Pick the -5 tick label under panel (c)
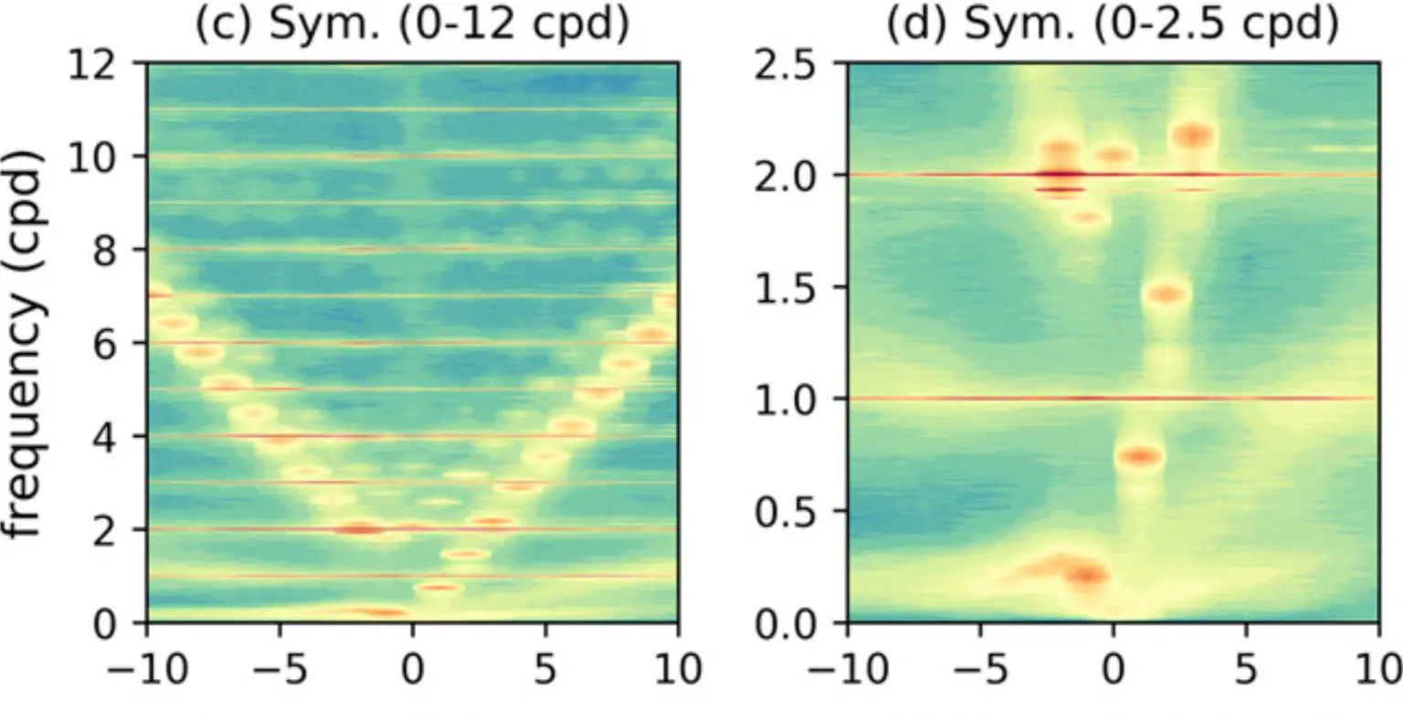pyautogui.click(x=280, y=669)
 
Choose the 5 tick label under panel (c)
pyautogui.click(x=545, y=669)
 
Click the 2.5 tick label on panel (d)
pyautogui.click(x=792, y=66)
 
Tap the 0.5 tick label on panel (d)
pyautogui.click(x=792, y=511)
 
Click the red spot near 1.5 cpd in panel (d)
pyautogui.click(x=1166, y=295)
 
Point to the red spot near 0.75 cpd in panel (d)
pyautogui.click(x=1140, y=456)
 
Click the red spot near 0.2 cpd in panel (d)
pyautogui.click(x=1086, y=575)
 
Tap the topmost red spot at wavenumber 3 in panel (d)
pyautogui.click(x=1194, y=136)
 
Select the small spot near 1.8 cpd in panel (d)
pyautogui.click(x=1087, y=217)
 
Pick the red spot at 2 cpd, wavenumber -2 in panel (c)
pyautogui.click(x=360, y=528)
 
